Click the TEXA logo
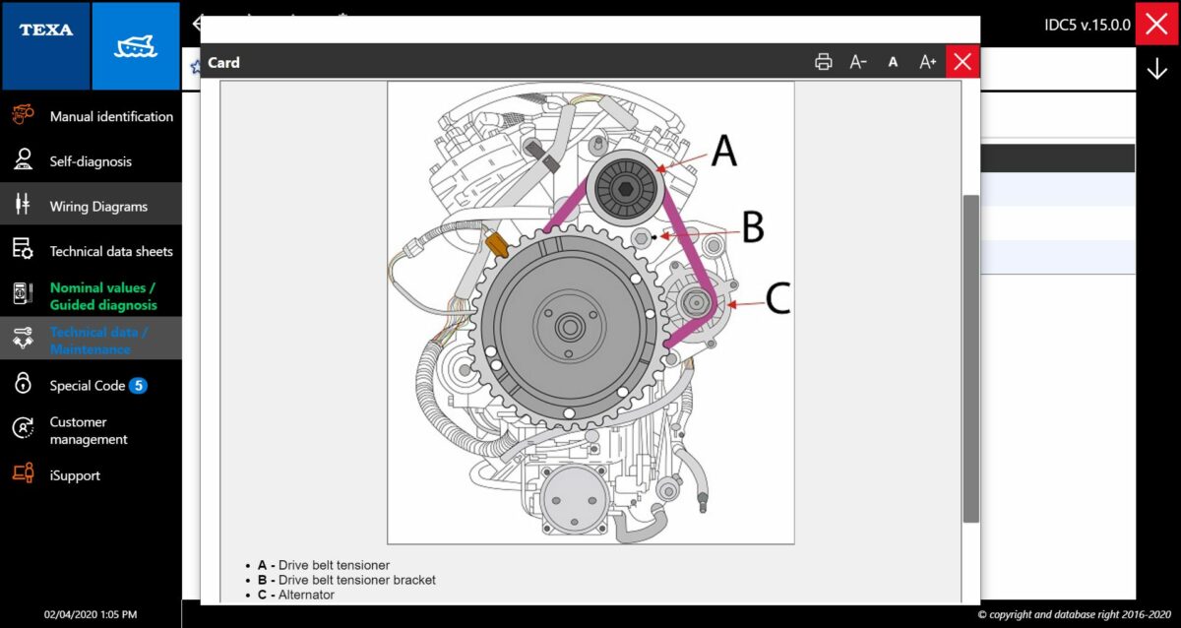(46, 30)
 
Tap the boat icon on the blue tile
(136, 46)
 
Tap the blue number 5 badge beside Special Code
(138, 386)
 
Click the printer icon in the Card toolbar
(823, 62)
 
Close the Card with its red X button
(963, 62)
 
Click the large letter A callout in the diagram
(724, 151)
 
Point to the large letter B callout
(754, 226)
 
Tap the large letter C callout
(778, 298)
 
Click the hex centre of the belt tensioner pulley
(626, 189)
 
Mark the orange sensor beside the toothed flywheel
(497, 245)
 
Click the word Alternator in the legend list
(306, 595)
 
